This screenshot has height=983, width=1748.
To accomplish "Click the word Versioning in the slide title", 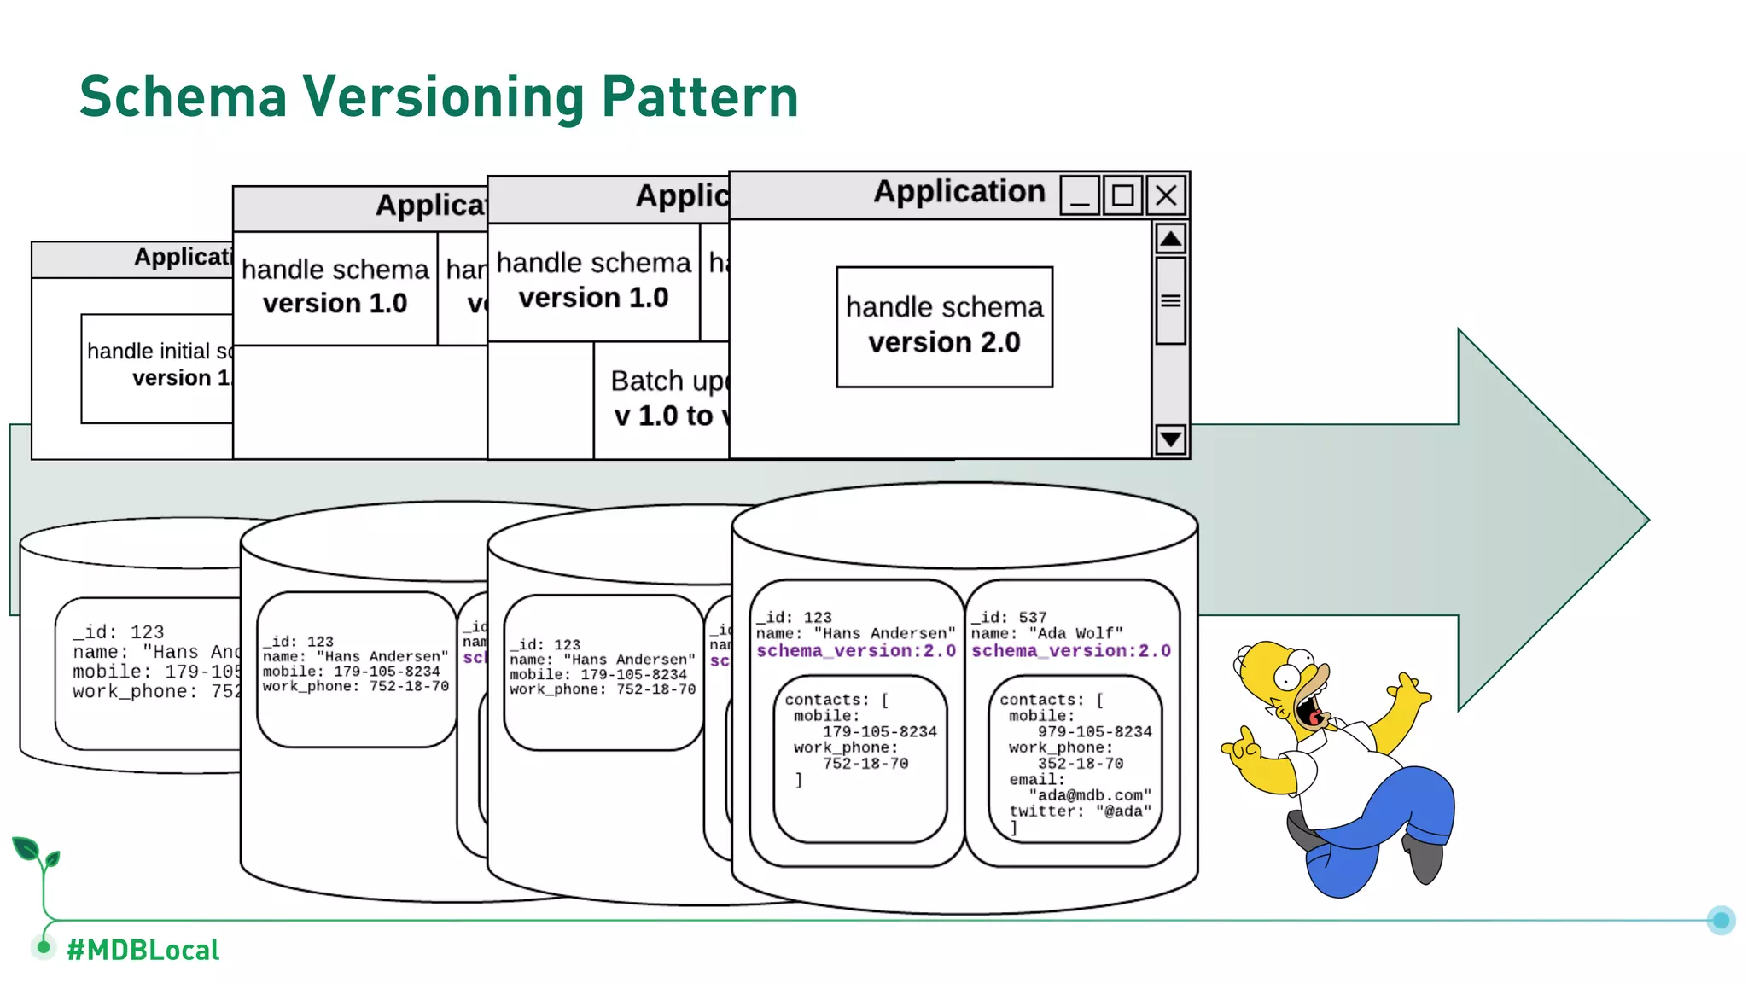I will tap(444, 96).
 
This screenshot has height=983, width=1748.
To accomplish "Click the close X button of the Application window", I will tap(1166, 195).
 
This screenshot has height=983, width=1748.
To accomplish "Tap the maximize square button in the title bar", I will tap(1122, 195).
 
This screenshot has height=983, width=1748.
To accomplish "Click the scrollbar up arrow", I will tap(1170, 239).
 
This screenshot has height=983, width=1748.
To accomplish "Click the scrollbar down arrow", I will tap(1170, 439).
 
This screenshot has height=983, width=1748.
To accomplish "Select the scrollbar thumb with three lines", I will tap(1170, 300).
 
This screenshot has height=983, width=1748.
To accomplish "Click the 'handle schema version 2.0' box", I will tap(944, 326).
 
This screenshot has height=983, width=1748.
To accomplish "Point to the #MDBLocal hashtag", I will tap(143, 950).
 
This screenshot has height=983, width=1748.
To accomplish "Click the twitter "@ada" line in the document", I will tap(1080, 811).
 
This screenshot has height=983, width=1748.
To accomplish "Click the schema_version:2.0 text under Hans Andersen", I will tap(855, 651).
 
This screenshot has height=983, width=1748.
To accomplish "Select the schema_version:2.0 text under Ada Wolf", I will tap(1070, 651).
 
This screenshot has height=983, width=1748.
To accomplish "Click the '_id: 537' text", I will tap(1010, 617).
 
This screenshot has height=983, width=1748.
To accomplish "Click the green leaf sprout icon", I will tap(34, 853).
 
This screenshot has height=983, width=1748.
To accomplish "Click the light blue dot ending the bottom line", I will tap(1721, 920).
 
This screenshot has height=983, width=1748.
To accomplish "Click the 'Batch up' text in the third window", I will tap(667, 381).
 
